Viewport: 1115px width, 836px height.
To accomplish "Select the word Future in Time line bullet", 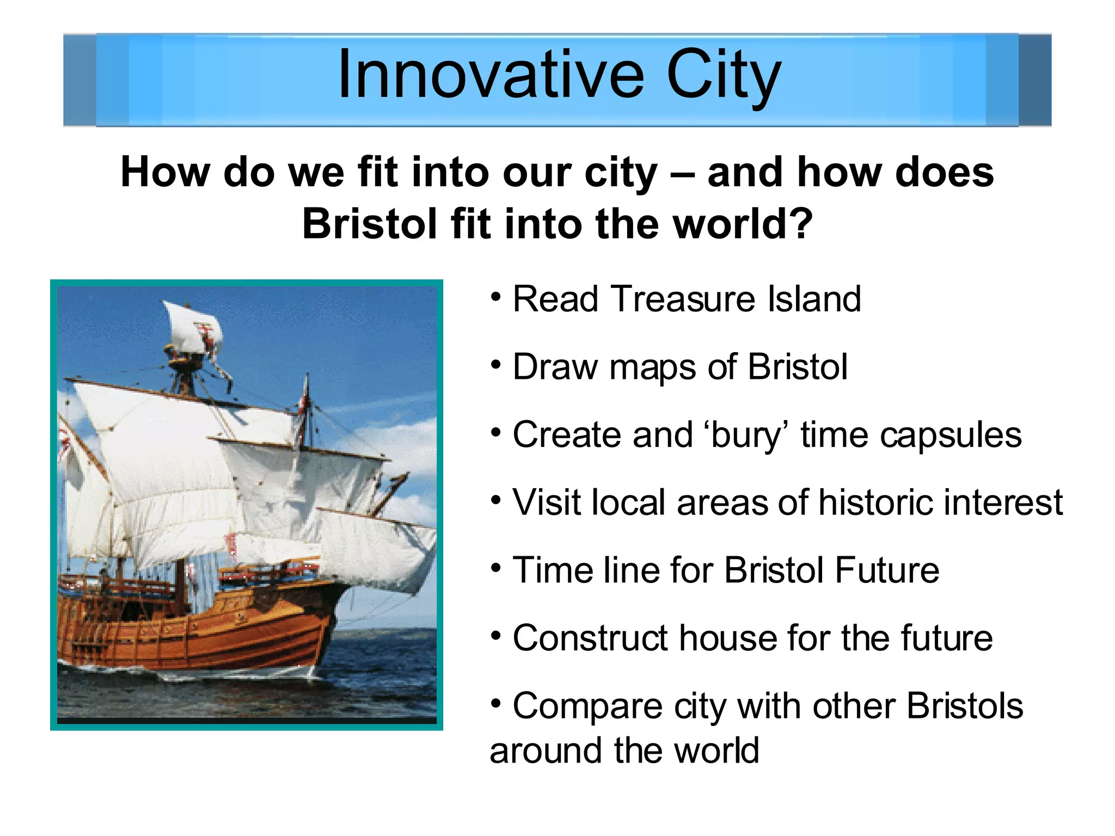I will (x=887, y=570).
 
